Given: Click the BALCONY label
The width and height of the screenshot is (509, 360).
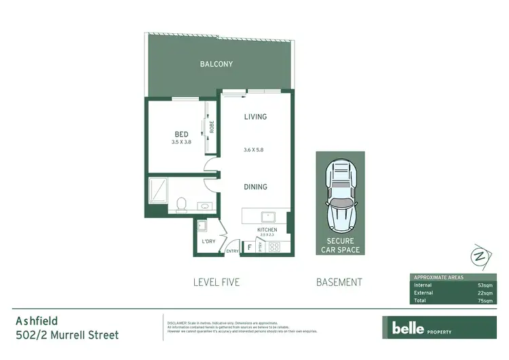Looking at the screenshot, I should coord(216,65).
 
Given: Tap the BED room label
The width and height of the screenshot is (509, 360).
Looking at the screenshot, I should coord(181,134).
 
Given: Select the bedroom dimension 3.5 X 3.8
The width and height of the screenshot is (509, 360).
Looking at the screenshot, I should coord(181,142).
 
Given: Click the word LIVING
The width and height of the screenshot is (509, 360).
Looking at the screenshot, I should coord(255,117).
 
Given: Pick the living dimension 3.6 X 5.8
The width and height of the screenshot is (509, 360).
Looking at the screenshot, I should coord(255,150).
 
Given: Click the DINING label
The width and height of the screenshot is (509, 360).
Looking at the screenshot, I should coord(255,187).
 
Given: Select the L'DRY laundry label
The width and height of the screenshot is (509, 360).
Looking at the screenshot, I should coord(208,242).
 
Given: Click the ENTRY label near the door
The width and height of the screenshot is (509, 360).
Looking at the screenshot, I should coord(232,251).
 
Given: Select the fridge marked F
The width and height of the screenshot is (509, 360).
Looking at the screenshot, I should coord(249,247).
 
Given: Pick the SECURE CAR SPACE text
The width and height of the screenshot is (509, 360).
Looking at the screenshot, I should coord(340,245).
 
